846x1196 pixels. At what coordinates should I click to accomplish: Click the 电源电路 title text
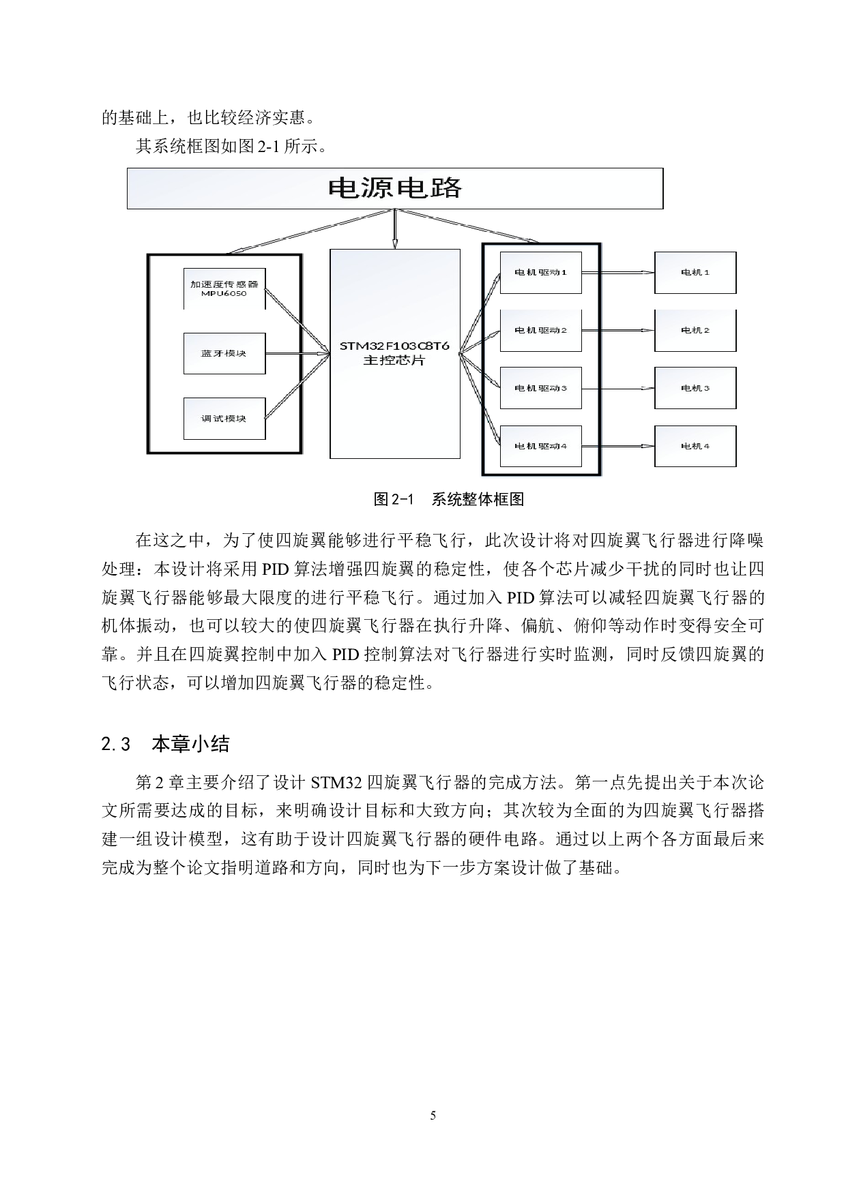[x=394, y=188]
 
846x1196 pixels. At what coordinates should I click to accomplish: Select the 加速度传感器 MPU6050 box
[x=224, y=288]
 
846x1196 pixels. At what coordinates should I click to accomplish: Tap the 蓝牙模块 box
[x=224, y=353]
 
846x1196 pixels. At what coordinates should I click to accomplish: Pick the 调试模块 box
[x=224, y=418]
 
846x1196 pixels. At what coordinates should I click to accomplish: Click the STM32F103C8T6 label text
[x=394, y=346]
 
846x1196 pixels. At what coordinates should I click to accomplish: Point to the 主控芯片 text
[x=394, y=361]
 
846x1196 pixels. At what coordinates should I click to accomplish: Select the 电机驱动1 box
[x=540, y=273]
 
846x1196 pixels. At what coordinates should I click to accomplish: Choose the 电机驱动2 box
[x=540, y=331]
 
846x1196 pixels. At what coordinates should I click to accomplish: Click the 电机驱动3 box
[x=540, y=389]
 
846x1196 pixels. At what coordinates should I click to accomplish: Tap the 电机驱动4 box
[x=540, y=447]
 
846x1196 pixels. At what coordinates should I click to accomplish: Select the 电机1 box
[x=695, y=273]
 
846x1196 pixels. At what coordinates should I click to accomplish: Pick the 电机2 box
[x=695, y=331]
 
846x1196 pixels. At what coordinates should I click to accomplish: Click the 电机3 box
[x=695, y=389]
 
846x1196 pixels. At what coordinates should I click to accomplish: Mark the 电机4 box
[x=695, y=447]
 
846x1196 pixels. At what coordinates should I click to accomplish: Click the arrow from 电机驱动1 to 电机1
[x=617, y=272]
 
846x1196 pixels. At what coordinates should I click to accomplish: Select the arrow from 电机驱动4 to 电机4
[x=617, y=447]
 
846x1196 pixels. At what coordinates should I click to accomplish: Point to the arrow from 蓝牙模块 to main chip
[x=297, y=353]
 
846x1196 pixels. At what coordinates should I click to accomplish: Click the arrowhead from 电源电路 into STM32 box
[x=394, y=243]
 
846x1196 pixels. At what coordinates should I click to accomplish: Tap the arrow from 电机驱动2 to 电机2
[x=617, y=331]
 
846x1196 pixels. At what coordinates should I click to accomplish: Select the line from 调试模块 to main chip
[x=297, y=386]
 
